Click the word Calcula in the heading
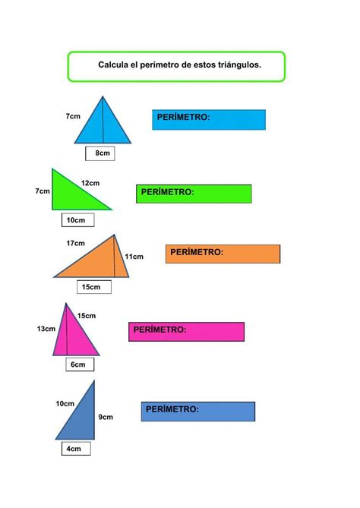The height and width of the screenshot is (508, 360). (x=113, y=65)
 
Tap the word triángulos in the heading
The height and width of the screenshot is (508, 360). (x=239, y=65)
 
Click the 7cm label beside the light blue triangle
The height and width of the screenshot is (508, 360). (x=73, y=116)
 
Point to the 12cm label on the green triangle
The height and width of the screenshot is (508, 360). (x=90, y=183)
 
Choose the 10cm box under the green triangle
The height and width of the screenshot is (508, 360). (x=77, y=220)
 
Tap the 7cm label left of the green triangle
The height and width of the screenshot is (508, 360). (x=43, y=191)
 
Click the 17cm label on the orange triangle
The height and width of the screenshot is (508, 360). (x=75, y=243)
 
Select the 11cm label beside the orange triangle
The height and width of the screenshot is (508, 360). (x=134, y=257)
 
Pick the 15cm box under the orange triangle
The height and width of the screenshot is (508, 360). (x=94, y=287)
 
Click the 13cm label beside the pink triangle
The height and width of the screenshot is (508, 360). (x=46, y=329)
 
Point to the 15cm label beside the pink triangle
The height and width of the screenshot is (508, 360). (x=87, y=316)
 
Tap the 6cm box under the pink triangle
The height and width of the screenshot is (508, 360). (x=80, y=364)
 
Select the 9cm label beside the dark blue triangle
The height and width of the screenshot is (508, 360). (x=106, y=417)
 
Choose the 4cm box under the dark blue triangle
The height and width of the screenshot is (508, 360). (x=76, y=449)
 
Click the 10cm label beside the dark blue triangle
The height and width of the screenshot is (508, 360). (x=65, y=404)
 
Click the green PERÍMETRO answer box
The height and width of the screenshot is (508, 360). (x=194, y=194)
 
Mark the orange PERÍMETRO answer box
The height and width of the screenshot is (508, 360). (x=223, y=254)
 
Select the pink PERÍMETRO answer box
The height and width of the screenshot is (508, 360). (x=186, y=332)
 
